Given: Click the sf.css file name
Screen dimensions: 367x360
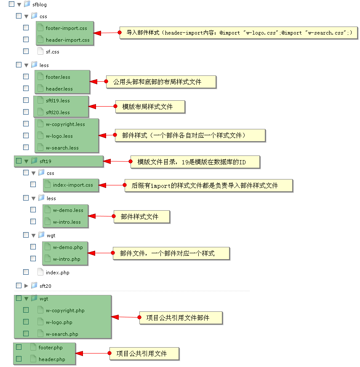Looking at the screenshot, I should point(52,52).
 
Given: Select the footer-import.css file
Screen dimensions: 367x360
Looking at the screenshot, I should point(66,28).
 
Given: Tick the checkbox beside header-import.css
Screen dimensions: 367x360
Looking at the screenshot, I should point(26,40).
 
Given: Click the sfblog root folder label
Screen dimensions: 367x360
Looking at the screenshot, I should point(40,5).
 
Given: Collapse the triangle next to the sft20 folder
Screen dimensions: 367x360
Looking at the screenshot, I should point(26,286).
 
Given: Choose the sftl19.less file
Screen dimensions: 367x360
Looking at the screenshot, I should point(58,101).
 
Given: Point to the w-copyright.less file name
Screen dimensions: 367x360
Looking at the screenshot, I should point(65,124).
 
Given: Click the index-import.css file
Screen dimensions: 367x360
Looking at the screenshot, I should point(73,185).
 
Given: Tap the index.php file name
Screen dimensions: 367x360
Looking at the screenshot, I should point(57,273).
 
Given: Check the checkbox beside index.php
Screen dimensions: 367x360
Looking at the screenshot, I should point(26,272).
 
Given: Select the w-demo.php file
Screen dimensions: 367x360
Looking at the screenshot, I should point(68,247).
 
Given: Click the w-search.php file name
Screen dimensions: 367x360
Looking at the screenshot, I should point(62,334).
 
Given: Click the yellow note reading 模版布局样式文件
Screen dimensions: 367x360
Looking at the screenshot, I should point(150,107).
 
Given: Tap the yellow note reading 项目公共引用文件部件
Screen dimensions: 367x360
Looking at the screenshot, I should point(180,318).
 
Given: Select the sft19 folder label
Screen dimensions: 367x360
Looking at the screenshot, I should point(45,161).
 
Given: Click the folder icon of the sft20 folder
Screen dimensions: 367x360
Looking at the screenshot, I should point(34,286).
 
